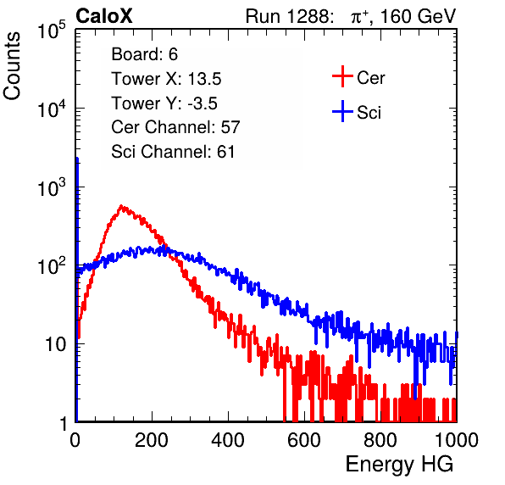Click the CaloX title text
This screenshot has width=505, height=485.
click(104, 16)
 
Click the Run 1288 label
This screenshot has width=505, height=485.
click(288, 16)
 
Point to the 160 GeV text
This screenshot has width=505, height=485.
click(418, 16)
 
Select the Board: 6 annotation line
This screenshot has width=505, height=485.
click(144, 54)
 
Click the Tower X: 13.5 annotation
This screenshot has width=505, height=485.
click(166, 79)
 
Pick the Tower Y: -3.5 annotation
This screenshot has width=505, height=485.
click(164, 103)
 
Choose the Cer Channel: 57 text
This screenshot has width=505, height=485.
click(175, 127)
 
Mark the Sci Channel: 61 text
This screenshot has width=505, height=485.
click(173, 152)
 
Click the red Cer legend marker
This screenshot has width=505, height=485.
click(342, 76)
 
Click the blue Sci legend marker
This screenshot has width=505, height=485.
click(342, 112)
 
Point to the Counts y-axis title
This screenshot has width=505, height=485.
click(12, 66)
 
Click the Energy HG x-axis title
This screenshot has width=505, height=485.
click(399, 465)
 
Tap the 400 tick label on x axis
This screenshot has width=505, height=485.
click(228, 440)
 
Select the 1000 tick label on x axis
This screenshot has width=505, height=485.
click(457, 440)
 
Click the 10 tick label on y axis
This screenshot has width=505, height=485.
click(56, 344)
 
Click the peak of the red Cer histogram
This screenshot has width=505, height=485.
click(121, 206)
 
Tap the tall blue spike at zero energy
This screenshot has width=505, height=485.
click(77, 289)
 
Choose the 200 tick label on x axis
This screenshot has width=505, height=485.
click(152, 440)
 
